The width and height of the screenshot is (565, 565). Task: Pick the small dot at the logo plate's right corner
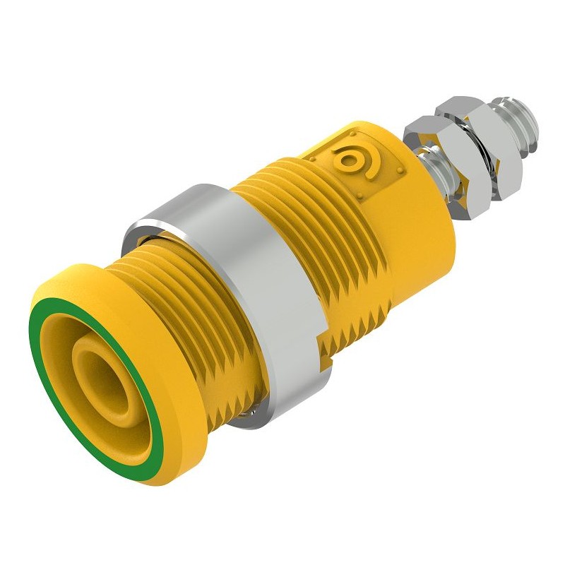click(400, 169)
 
